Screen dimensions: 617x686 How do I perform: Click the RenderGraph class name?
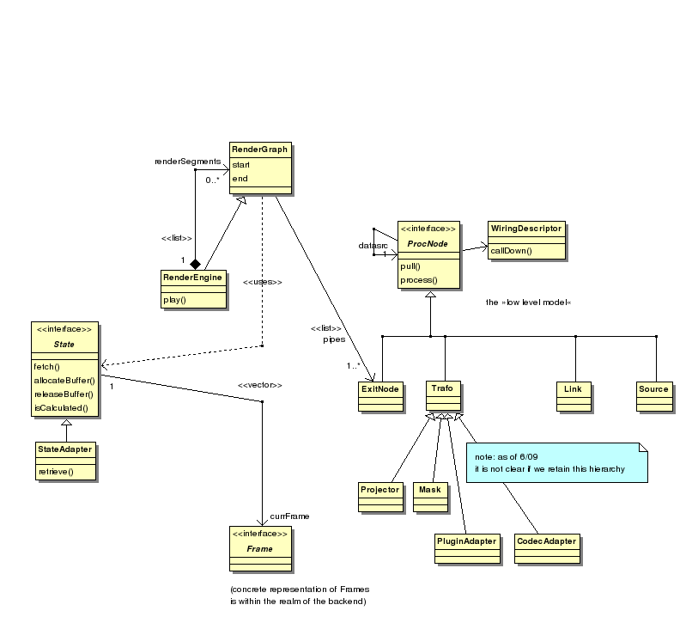coord(258,150)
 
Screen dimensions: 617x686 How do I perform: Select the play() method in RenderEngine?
coord(174,299)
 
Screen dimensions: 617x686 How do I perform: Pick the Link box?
coord(572,390)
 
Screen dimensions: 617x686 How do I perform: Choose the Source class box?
coord(653,390)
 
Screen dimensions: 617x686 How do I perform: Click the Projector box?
coord(379,490)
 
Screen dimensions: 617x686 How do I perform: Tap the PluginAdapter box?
coord(467,542)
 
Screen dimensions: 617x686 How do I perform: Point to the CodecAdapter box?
coord(546,542)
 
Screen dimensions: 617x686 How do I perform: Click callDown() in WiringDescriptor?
coord(512,251)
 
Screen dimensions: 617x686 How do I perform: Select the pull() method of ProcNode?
coord(410,267)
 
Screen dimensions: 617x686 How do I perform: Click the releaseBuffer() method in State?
coord(63,394)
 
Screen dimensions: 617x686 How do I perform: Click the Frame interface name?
coord(259,548)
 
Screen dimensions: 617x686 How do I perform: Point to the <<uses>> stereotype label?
coord(262,282)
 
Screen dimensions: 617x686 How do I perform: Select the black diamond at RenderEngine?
coord(196,262)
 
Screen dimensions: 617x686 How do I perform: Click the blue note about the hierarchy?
coord(556,462)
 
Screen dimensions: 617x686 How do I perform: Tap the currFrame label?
coord(289,516)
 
